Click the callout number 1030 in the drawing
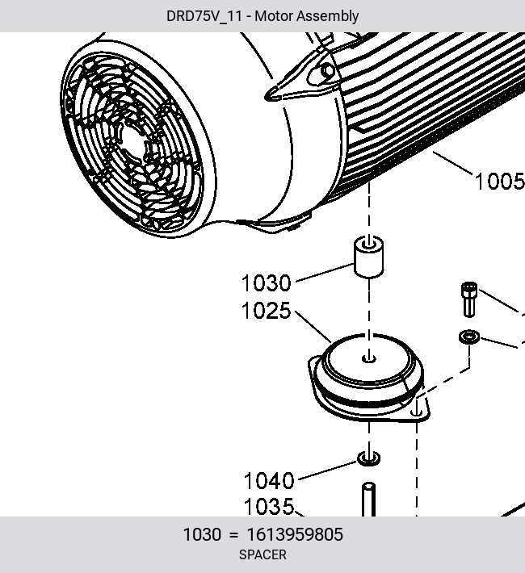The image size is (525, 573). [x=266, y=283]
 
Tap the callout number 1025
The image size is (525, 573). [x=266, y=311]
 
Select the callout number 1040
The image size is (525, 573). [x=269, y=480]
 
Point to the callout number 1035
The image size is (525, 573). [x=269, y=507]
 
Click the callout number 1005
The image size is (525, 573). [x=500, y=182]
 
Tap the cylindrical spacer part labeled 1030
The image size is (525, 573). [x=369, y=257]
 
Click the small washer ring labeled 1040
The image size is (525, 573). [x=368, y=458]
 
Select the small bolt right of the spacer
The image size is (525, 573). [x=469, y=299]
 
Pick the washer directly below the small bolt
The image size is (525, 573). [x=469, y=337]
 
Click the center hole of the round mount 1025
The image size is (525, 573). [x=369, y=358]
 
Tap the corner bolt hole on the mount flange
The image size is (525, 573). [x=416, y=412]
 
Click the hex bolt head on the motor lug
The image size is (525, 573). [x=327, y=70]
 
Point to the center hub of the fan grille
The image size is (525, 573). [x=132, y=142]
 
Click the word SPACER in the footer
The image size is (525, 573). [x=262, y=554]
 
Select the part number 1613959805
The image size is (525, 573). [x=295, y=534]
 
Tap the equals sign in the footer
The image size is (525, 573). [x=233, y=535]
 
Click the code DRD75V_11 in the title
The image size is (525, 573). [x=204, y=16]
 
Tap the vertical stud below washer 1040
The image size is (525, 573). [x=368, y=500]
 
